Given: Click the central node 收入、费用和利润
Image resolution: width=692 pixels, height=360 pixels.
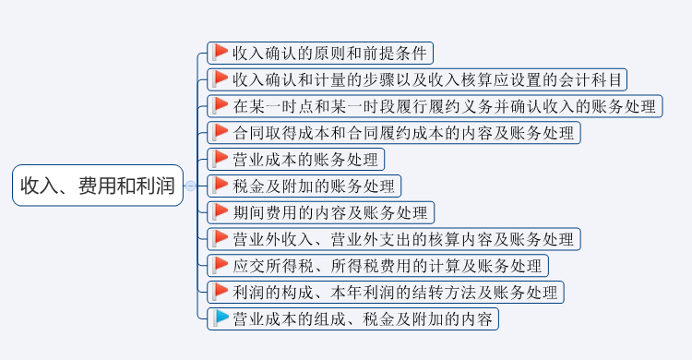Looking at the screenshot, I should (x=98, y=186).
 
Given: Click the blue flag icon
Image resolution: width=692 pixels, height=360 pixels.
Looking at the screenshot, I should (x=221, y=318).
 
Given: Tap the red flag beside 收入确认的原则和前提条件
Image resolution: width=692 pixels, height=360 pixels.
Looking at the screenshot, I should (x=221, y=52).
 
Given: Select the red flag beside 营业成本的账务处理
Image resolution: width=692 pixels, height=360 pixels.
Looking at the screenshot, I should (x=221, y=158).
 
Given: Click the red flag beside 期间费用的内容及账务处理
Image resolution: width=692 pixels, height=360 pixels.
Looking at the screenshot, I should (x=221, y=211).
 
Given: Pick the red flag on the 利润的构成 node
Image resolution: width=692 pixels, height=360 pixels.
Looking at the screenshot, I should (x=221, y=292).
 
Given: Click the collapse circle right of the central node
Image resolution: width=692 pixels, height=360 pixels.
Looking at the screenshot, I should (x=190, y=186).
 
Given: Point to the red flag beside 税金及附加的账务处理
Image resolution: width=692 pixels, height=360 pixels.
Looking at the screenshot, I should (x=221, y=185).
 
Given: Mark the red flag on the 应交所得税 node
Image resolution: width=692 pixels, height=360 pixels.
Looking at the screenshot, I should (x=221, y=265).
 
